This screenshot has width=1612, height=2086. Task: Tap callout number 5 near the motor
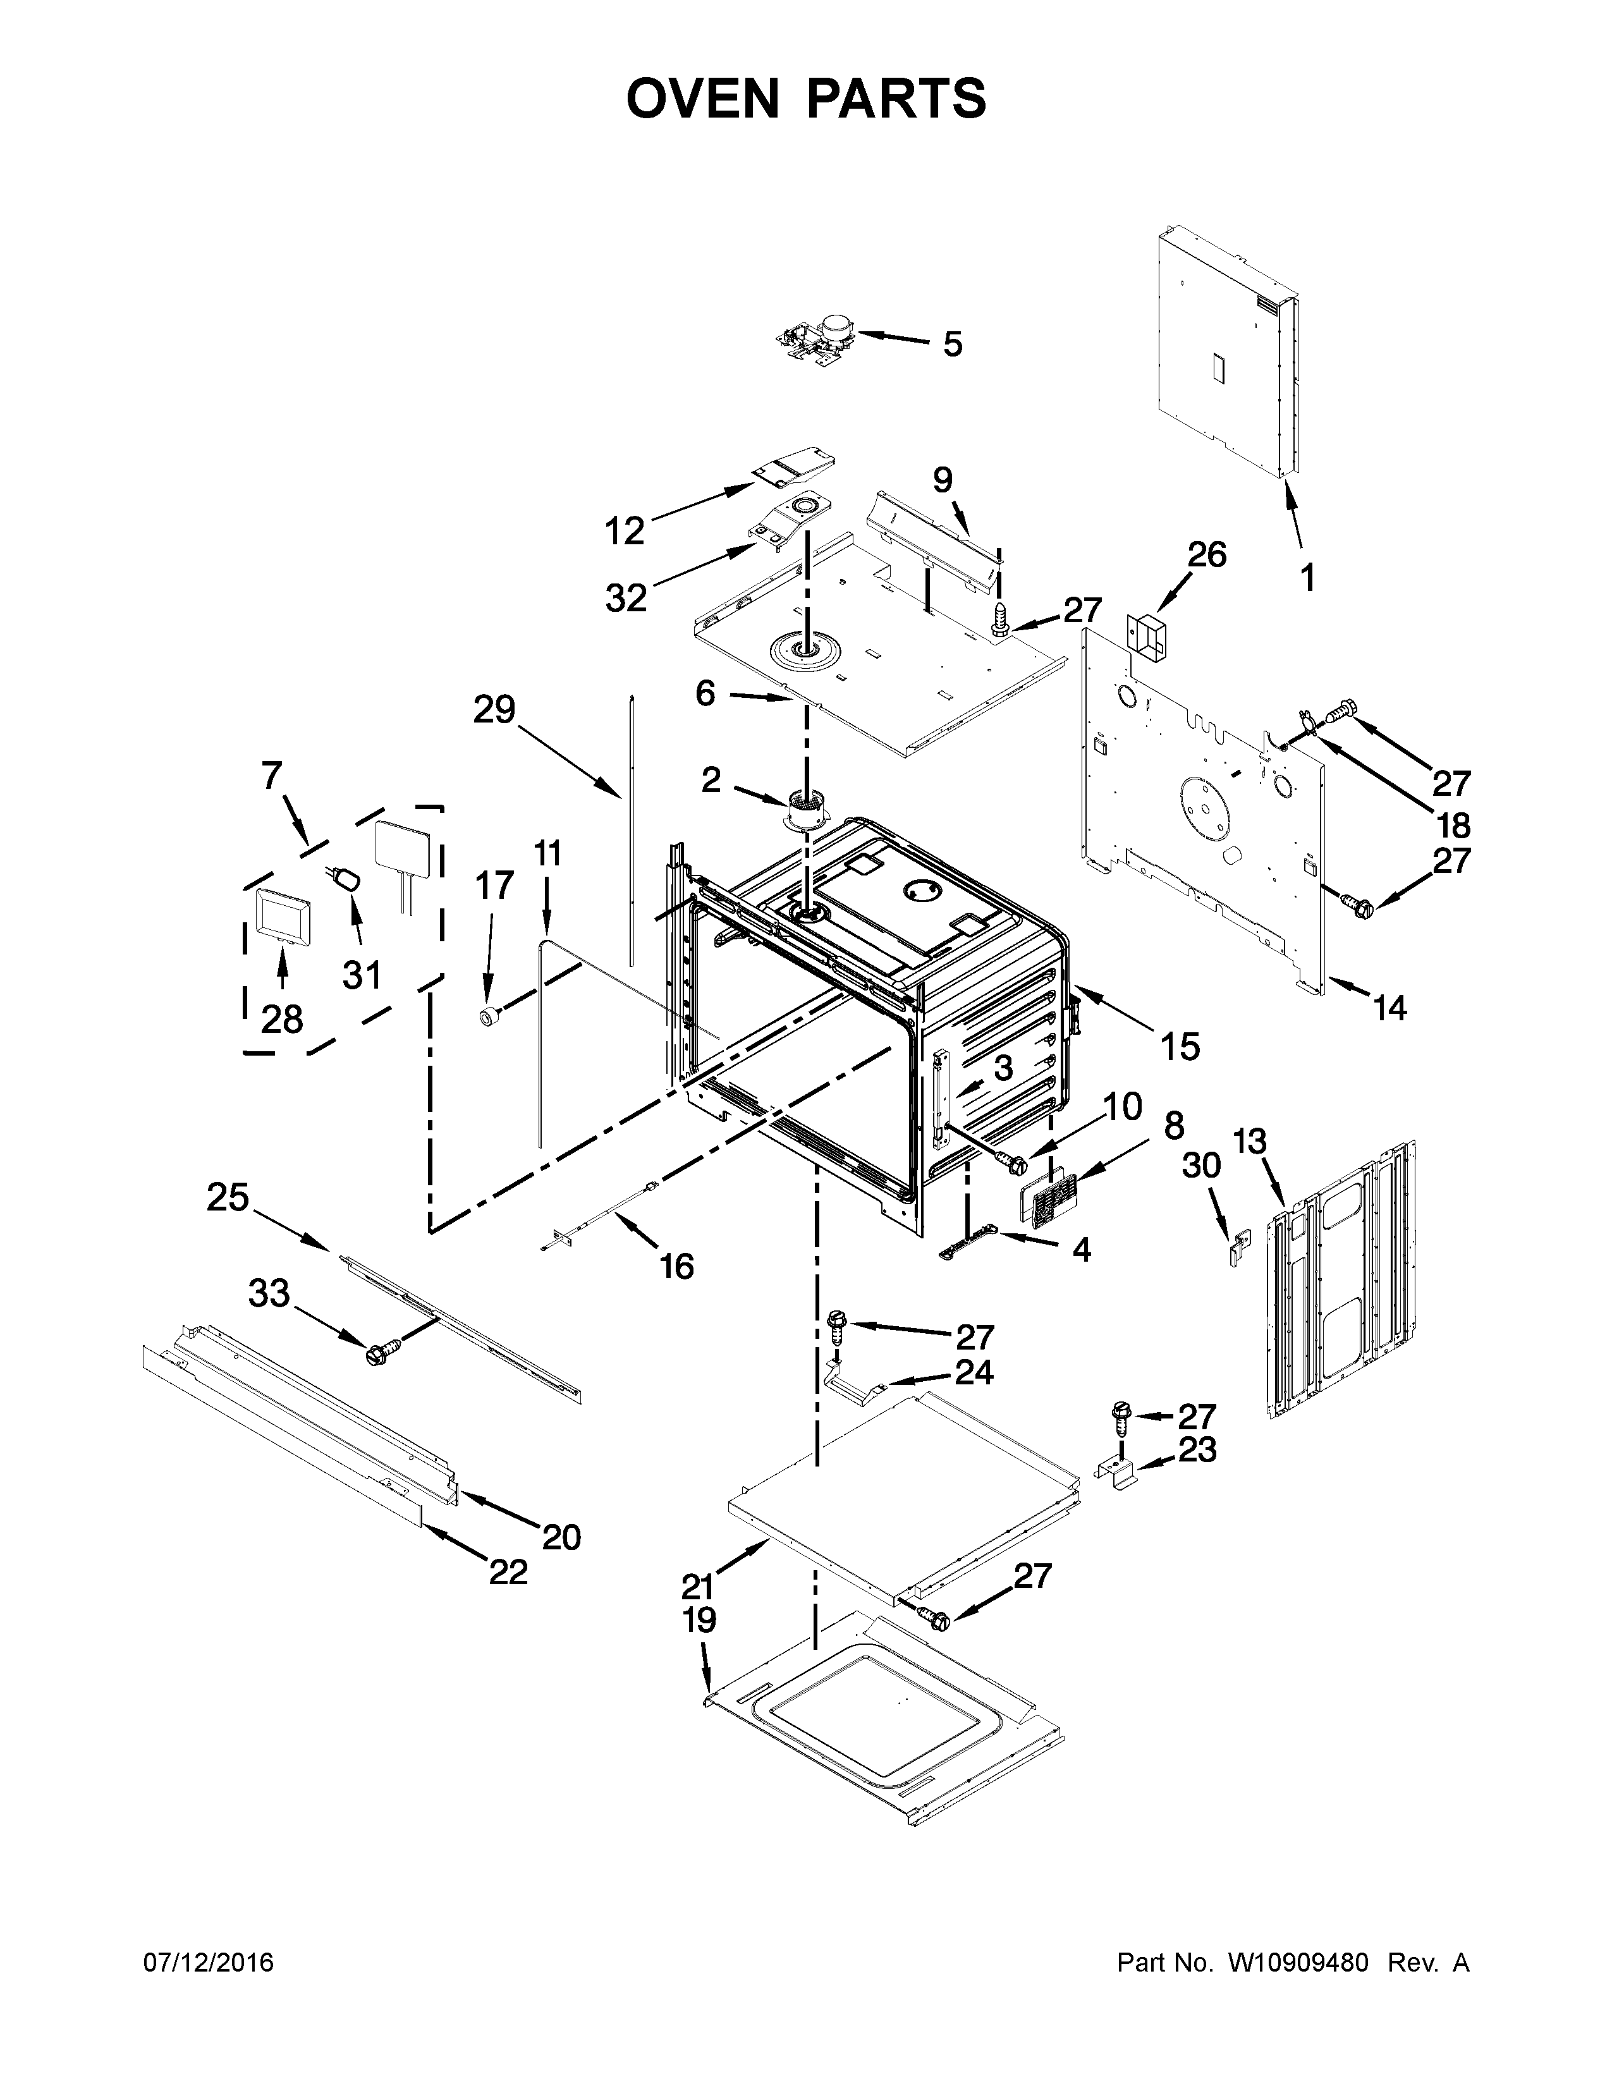(x=952, y=344)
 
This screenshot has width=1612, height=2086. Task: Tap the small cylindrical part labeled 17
(x=491, y=1016)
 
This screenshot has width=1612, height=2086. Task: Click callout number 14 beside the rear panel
(x=1389, y=1007)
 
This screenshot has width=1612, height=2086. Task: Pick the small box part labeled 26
(x=1147, y=635)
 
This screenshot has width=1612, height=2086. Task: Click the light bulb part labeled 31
(x=348, y=878)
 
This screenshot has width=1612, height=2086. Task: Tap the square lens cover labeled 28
(x=279, y=914)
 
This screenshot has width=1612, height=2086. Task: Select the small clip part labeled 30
(x=1238, y=1247)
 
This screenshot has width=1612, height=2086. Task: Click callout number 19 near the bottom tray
(x=699, y=1621)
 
